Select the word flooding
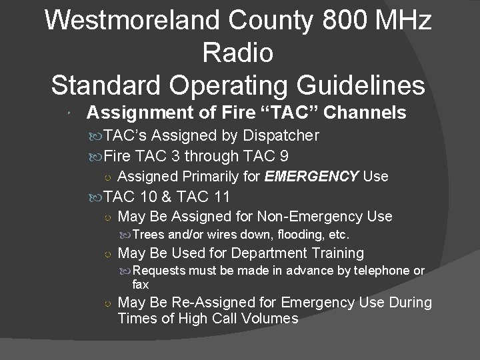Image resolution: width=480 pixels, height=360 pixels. (287, 235)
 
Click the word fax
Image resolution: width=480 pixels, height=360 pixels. (141, 284)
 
